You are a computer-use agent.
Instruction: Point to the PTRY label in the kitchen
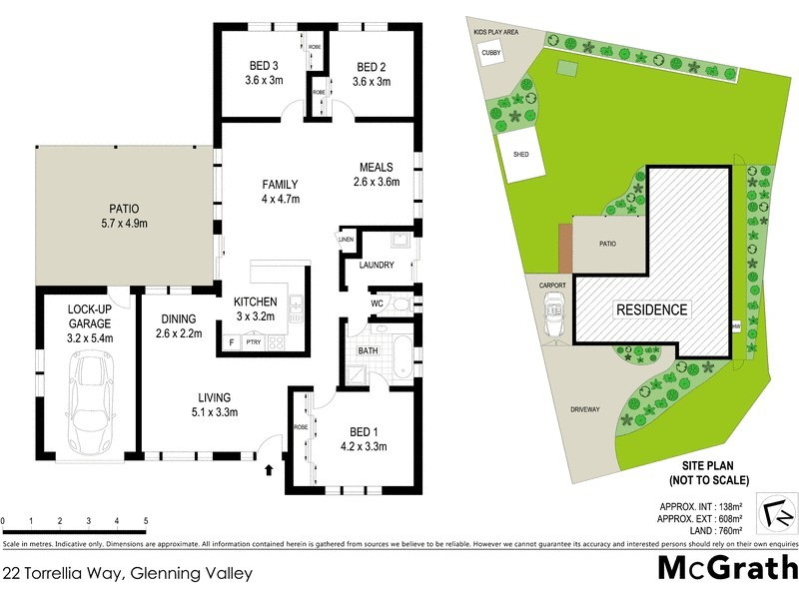pos(252,343)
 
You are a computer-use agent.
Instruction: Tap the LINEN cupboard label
pos(347,240)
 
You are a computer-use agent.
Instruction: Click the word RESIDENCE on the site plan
pos(650,309)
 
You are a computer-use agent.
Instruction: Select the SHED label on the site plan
pos(520,155)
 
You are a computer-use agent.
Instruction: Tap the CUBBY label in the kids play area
pos(490,53)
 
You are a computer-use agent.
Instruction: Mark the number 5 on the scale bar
pos(146,521)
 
